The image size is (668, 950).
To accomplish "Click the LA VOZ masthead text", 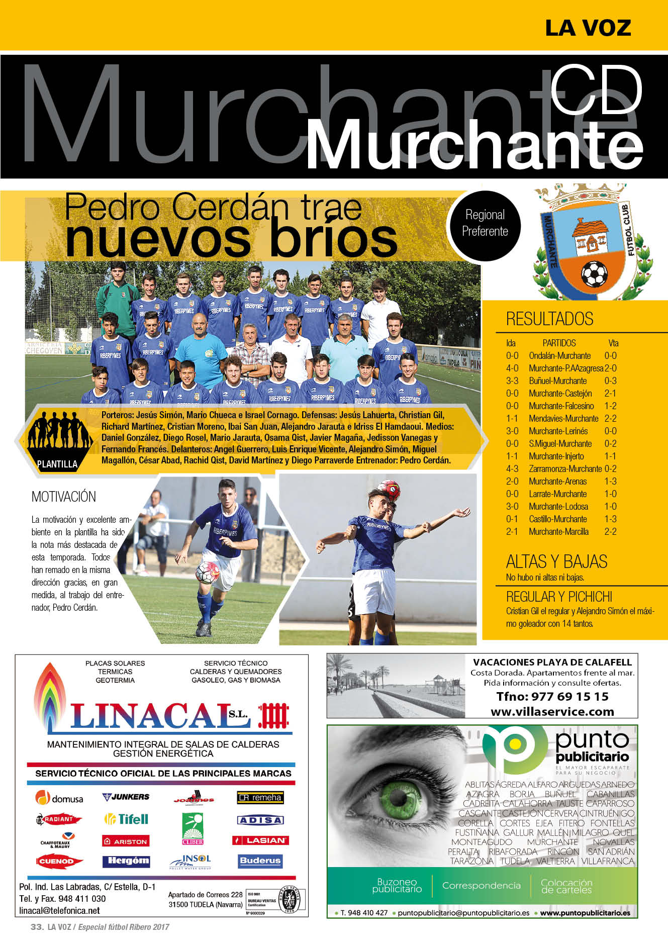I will pyautogui.click(x=588, y=28).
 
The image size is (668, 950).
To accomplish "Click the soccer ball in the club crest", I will pyautogui.click(x=594, y=274).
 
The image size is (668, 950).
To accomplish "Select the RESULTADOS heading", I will pyautogui.click(x=549, y=319).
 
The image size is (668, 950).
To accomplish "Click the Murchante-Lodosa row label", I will pyautogui.click(x=558, y=506).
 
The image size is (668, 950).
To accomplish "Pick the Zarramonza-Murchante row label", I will pyautogui.click(x=565, y=468).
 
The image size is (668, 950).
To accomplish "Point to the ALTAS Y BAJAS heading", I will pyautogui.click(x=556, y=561).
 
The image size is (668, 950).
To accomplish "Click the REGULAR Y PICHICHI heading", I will pyautogui.click(x=559, y=597).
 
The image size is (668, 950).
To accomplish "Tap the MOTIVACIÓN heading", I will pyautogui.click(x=64, y=497).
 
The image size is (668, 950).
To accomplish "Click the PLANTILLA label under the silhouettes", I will pyautogui.click(x=57, y=464).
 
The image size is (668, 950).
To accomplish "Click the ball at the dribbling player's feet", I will pyautogui.click(x=207, y=573).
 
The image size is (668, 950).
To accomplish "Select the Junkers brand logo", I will pyautogui.click(x=126, y=797).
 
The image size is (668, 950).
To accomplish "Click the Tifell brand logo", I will pyautogui.click(x=126, y=819).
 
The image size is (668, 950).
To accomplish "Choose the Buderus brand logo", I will pyautogui.click(x=260, y=861).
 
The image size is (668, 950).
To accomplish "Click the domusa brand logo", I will pyautogui.click(x=59, y=798).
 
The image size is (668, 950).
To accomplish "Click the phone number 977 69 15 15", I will pyautogui.click(x=552, y=696).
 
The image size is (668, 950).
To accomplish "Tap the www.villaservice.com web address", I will pyautogui.click(x=552, y=711).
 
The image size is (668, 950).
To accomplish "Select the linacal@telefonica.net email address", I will pyautogui.click(x=59, y=911).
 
